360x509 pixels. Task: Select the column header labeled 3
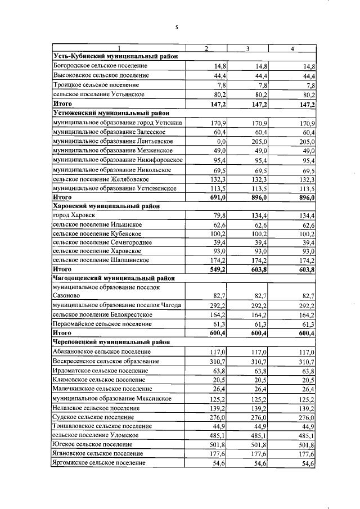point(247,48)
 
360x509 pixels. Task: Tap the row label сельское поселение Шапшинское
point(100,260)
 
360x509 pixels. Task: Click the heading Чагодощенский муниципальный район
point(112,278)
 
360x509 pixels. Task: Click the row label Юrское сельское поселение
point(94,444)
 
